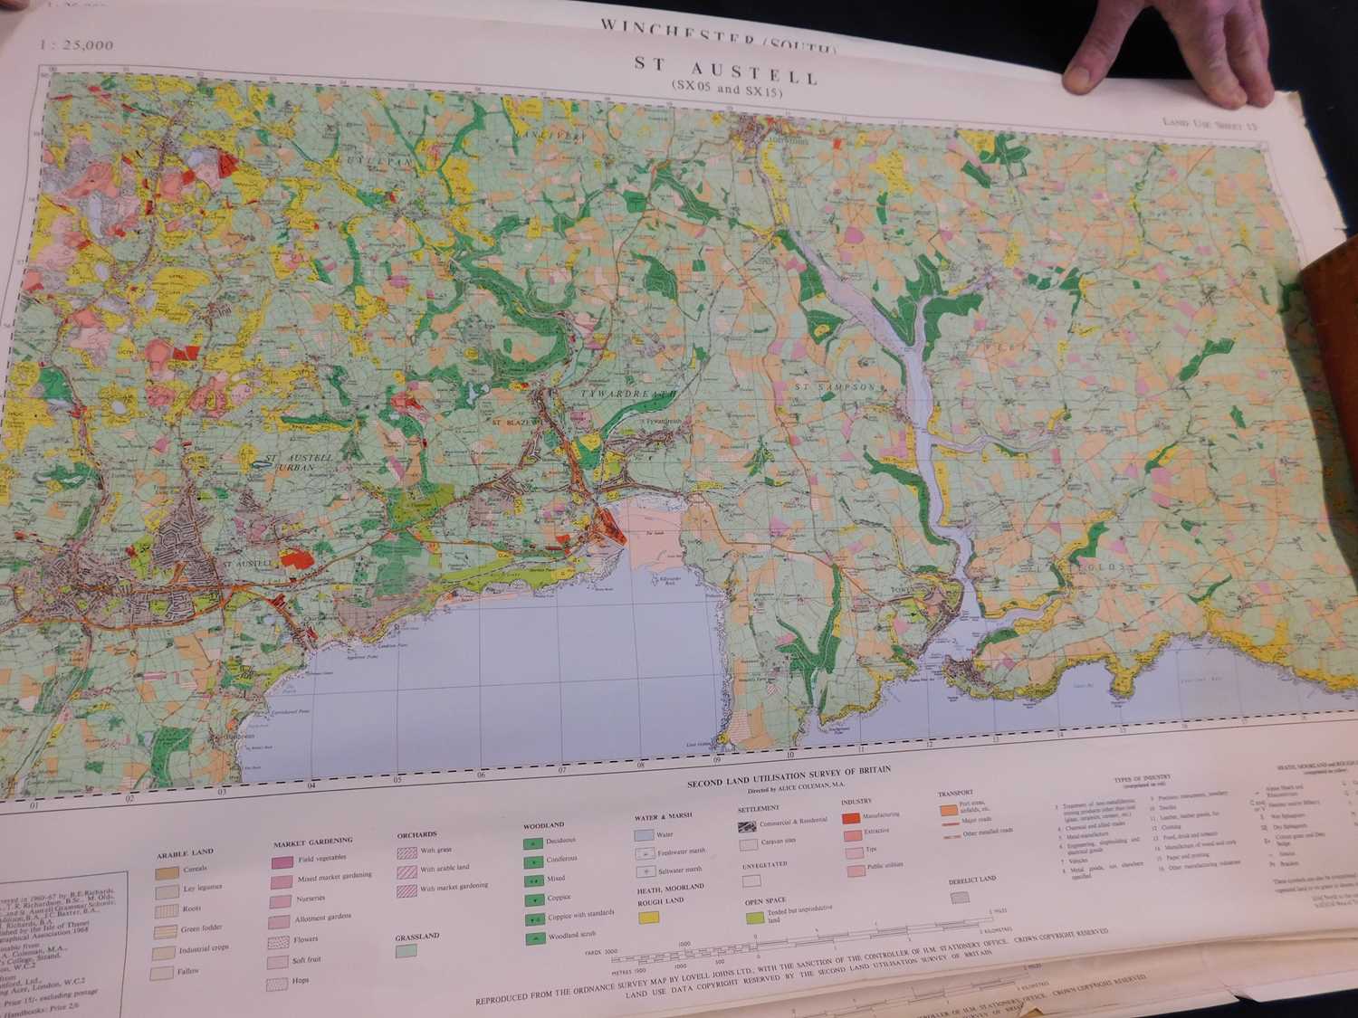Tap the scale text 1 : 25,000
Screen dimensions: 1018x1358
pos(77,44)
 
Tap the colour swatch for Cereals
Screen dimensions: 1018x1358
pos(166,871)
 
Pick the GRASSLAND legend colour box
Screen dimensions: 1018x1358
pos(406,950)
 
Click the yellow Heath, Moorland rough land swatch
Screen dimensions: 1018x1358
pos(647,918)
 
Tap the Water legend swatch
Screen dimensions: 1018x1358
pos(644,835)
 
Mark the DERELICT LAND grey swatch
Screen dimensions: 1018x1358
pos(960,898)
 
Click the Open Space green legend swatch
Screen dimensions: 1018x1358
pos(754,918)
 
